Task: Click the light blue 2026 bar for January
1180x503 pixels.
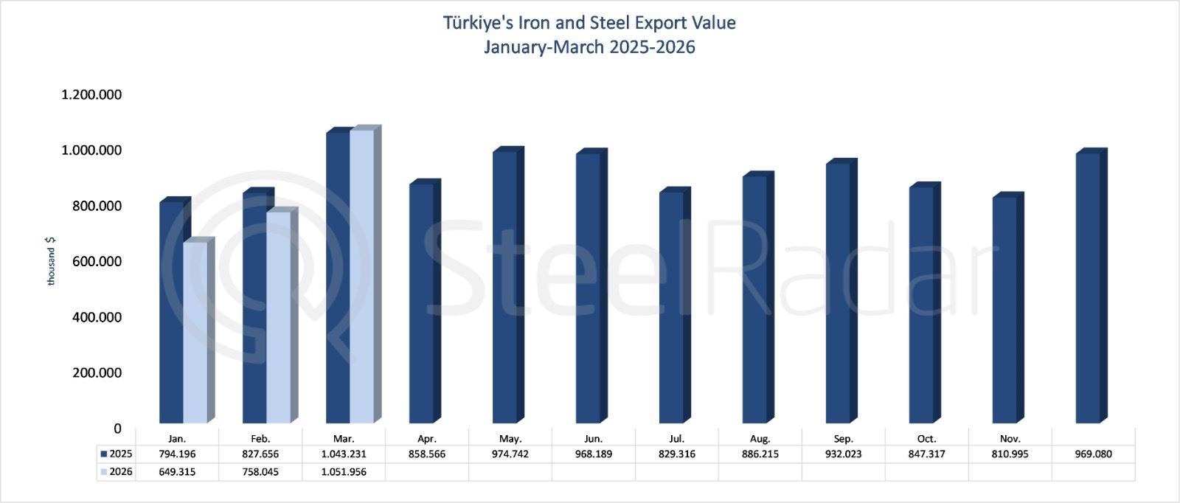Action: pyautogui.click(x=195, y=332)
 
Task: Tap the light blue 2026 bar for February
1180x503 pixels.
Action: pyautogui.click(x=278, y=317)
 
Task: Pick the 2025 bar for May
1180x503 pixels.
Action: pyautogui.click(x=504, y=288)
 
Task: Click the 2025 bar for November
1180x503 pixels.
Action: pyautogui.click(x=1004, y=310)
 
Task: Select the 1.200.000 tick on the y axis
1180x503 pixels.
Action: pyautogui.click(x=91, y=94)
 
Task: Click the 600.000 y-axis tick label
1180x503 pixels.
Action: pyautogui.click(x=97, y=261)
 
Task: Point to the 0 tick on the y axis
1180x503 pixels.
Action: pyautogui.click(x=117, y=429)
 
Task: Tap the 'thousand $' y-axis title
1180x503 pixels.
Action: pyautogui.click(x=51, y=261)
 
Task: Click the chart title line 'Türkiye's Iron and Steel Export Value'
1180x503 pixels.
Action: pyautogui.click(x=589, y=23)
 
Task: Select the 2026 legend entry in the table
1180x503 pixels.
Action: pyautogui.click(x=117, y=472)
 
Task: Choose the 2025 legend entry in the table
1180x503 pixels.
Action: pyautogui.click(x=117, y=454)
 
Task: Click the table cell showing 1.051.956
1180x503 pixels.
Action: pyautogui.click(x=344, y=472)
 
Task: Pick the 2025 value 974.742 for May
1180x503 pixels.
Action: pyautogui.click(x=510, y=454)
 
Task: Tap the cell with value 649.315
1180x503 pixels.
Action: pyautogui.click(x=177, y=472)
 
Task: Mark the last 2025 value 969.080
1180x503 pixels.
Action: pyautogui.click(x=1093, y=454)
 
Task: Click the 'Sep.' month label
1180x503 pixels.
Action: pyautogui.click(x=843, y=438)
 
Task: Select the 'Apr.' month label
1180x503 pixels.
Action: pyautogui.click(x=426, y=438)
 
